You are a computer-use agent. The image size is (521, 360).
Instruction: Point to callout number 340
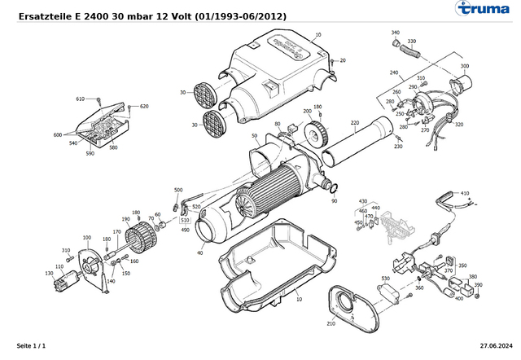(396, 33)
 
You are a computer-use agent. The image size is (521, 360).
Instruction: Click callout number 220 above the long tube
(355, 123)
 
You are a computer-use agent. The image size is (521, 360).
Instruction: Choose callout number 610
(81, 99)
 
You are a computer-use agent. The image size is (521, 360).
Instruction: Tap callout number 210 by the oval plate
(331, 323)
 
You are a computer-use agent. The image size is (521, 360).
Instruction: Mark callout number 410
(466, 194)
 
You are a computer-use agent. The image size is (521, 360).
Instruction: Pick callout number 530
(385, 279)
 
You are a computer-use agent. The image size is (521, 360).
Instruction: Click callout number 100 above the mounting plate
(87, 237)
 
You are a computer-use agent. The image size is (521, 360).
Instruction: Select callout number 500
(178, 190)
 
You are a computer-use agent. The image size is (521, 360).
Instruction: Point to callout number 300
(465, 66)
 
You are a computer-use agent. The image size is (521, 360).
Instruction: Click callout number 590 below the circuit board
(90, 153)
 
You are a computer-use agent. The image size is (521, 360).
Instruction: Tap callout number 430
(363, 200)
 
